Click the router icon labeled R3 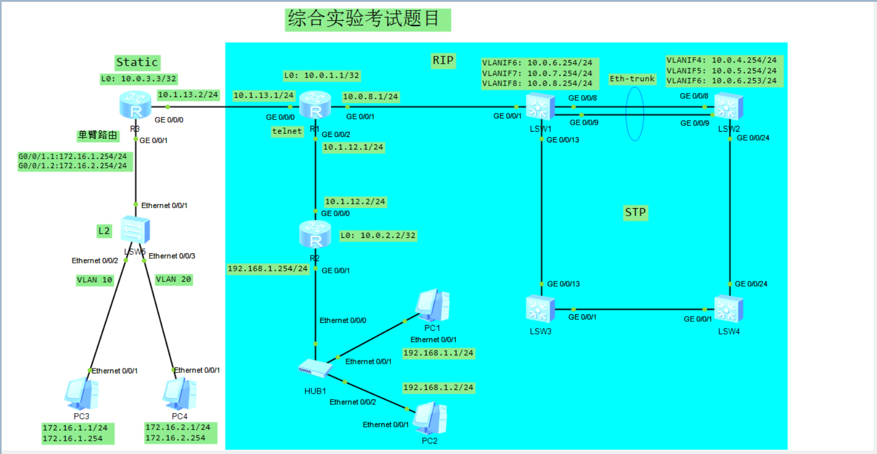point(136,105)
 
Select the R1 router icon point(315,105)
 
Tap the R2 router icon point(315,235)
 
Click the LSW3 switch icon point(540,309)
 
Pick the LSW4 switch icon point(728,309)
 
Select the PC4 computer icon point(180,394)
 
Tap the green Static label point(137,62)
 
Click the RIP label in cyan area point(443,61)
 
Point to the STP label point(635,212)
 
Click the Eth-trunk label point(632,79)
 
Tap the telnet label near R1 point(287,131)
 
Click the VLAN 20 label point(173,279)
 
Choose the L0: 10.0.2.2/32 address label point(378,236)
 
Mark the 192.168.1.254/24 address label point(268,269)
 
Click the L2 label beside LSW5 point(104,231)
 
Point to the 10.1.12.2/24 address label point(355,202)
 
